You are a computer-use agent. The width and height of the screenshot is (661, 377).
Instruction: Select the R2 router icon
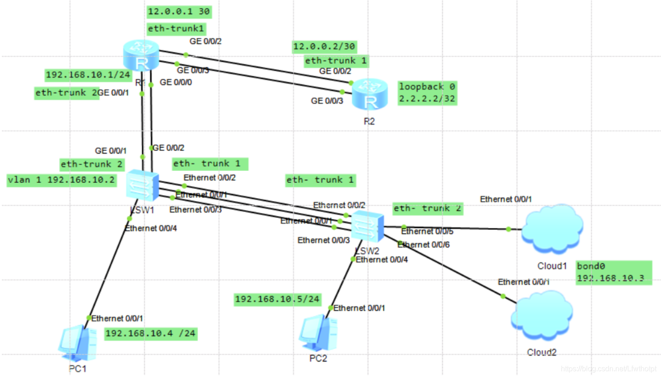tap(369, 94)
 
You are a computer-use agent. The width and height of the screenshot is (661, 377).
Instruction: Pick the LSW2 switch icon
tap(367, 226)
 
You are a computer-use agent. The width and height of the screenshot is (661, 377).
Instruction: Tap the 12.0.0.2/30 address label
tap(324, 46)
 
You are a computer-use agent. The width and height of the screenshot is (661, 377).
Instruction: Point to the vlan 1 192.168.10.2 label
tap(62, 181)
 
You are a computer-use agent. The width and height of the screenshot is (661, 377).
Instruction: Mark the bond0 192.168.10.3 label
tap(613, 273)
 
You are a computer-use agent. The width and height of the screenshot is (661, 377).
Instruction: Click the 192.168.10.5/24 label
tap(277, 299)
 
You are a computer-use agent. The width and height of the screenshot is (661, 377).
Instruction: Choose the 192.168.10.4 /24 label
tap(151, 334)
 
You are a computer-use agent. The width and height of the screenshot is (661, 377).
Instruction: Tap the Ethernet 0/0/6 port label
tap(424, 245)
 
